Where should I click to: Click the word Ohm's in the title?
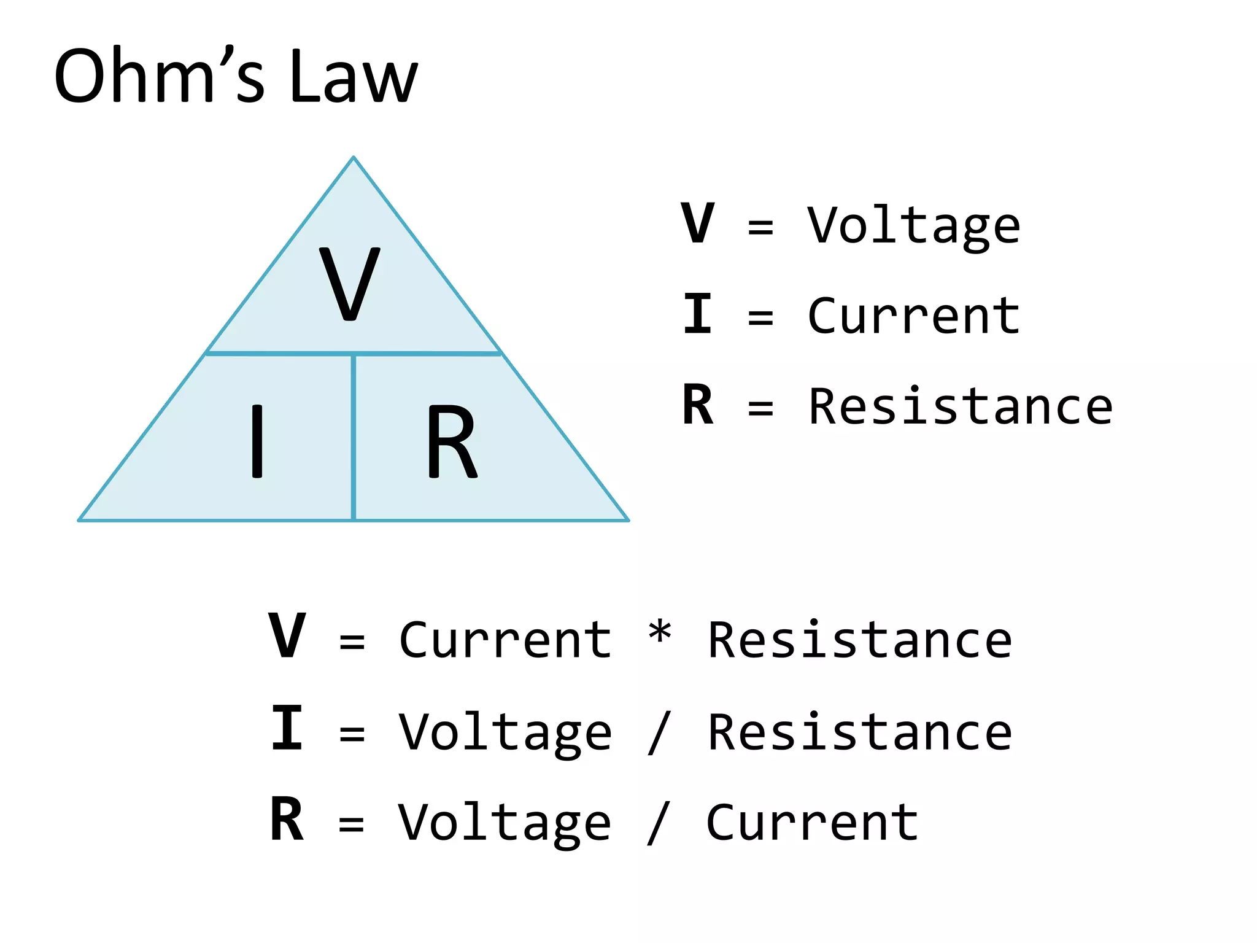click(159, 77)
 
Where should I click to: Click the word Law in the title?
click(353, 77)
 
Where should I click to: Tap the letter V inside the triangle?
click(350, 283)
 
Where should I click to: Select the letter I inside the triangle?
click(257, 441)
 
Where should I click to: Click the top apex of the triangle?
click(354, 158)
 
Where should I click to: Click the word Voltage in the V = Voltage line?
click(913, 226)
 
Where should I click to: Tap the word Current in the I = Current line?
click(913, 316)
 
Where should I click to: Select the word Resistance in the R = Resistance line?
click(961, 406)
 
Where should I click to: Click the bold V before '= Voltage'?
click(698, 223)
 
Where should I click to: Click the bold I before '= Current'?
click(698, 314)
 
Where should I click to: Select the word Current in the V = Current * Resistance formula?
click(505, 640)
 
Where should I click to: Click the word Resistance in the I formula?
click(859, 732)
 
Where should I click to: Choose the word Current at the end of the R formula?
click(812, 823)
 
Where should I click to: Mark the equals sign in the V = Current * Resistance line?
click(352, 642)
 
